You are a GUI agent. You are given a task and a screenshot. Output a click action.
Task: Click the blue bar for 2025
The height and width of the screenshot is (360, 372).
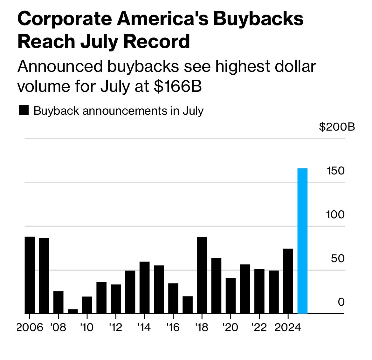click(x=302, y=241)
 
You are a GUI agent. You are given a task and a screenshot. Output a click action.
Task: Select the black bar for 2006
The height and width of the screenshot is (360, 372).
click(x=30, y=275)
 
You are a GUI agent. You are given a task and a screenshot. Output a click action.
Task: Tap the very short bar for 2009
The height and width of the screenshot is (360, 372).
click(x=72, y=311)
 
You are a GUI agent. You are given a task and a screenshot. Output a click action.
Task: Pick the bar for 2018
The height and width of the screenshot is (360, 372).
click(x=202, y=275)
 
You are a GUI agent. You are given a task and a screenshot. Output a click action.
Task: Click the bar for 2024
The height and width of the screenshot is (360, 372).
click(x=288, y=281)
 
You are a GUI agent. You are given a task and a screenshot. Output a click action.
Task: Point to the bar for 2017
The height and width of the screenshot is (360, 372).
click(x=187, y=305)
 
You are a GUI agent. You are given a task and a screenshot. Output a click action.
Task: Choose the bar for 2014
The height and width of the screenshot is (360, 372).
click(x=144, y=288)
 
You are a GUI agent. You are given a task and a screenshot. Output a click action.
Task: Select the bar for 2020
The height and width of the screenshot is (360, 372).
click(x=231, y=296)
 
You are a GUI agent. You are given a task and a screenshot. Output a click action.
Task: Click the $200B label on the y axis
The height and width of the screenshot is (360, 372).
click(x=337, y=127)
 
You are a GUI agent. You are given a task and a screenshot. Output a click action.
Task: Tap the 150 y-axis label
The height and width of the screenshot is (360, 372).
click(x=335, y=171)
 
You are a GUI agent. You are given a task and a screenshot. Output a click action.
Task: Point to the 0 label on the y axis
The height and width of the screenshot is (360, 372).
click(x=341, y=302)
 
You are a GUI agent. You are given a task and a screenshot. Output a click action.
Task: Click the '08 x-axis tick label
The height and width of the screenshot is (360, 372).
click(x=58, y=328)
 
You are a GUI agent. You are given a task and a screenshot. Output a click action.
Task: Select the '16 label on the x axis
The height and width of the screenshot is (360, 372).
click(x=173, y=328)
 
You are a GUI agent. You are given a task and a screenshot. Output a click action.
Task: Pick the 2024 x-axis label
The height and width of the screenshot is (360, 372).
click(x=288, y=328)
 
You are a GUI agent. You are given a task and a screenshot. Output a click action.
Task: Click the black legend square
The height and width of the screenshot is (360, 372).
click(x=24, y=110)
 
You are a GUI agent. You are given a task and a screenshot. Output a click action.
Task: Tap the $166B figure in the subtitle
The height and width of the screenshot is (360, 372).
click(x=178, y=86)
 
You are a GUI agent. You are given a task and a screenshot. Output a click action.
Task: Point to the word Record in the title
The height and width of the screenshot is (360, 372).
click(x=156, y=42)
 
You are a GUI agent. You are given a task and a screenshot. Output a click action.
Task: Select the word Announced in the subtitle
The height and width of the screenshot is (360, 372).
click(x=60, y=66)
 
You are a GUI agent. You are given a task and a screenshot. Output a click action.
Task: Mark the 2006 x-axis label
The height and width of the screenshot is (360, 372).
click(x=30, y=328)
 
